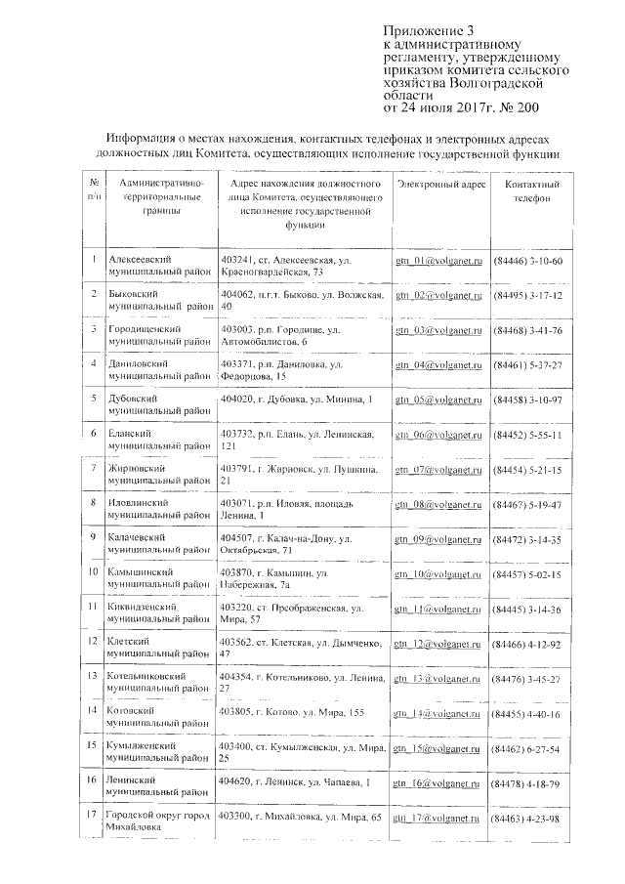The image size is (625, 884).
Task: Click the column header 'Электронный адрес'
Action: coord(440,184)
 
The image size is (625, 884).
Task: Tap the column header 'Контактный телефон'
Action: coord(531,190)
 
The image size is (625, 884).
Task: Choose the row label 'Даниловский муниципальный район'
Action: coord(157,369)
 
